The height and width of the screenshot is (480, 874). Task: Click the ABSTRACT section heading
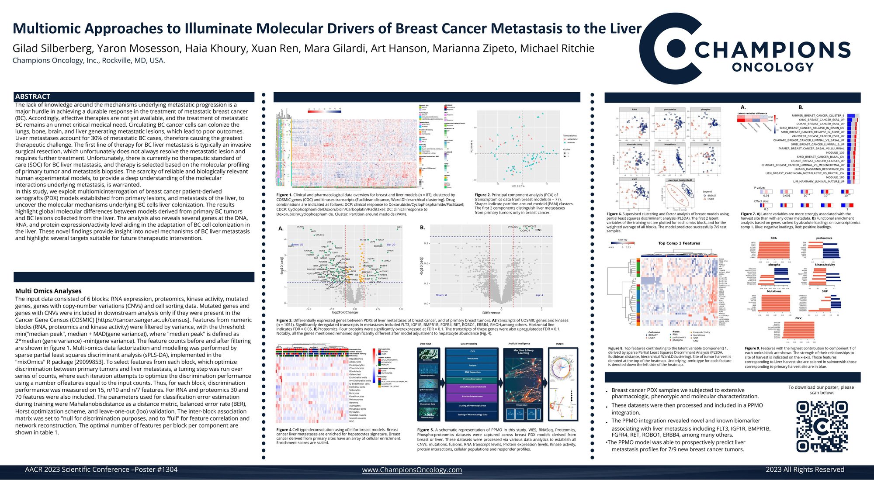point(33,97)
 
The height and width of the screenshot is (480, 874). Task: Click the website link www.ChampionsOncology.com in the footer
point(412,470)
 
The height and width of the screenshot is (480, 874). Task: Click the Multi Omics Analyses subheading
point(49,291)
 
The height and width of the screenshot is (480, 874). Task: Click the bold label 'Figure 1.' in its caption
point(284,195)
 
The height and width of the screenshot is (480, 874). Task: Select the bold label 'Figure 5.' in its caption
point(425,430)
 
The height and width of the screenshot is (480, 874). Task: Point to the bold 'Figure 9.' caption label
point(752,349)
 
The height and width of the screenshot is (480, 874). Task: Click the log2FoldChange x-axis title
point(345,312)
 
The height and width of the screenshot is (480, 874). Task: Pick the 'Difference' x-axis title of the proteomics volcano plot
point(491,313)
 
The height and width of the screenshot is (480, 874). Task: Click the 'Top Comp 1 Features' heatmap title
point(679,243)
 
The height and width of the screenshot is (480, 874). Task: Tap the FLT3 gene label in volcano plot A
point(399,228)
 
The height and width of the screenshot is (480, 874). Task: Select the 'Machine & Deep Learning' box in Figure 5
point(523,352)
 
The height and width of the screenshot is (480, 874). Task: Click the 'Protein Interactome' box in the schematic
point(472,397)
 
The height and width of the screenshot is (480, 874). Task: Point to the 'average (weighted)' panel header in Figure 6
point(680,180)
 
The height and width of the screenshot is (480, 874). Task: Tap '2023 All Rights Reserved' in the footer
point(805,470)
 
